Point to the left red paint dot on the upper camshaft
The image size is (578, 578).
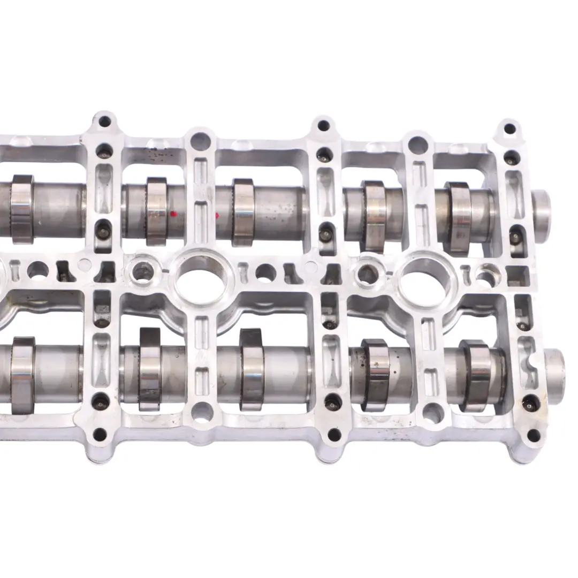coord(173,214)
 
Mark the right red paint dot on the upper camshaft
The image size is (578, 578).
coord(217,216)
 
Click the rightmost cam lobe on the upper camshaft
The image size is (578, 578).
coord(458,217)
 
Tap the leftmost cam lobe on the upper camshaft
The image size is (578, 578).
coord(22,209)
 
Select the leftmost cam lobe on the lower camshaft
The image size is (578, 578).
coord(22,375)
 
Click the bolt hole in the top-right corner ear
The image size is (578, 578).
coord(509,128)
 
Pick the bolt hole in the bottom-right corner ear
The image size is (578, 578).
coord(534,435)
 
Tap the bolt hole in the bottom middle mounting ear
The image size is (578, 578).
coord(334,435)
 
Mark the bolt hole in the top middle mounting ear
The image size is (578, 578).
coord(323,126)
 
